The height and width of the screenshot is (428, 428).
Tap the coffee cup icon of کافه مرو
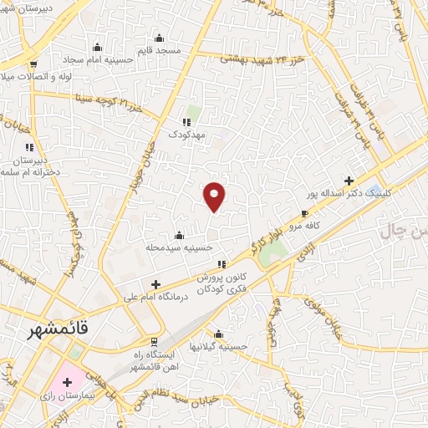(x=304, y=214)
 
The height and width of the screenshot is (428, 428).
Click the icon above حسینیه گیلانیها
(x=219, y=334)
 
